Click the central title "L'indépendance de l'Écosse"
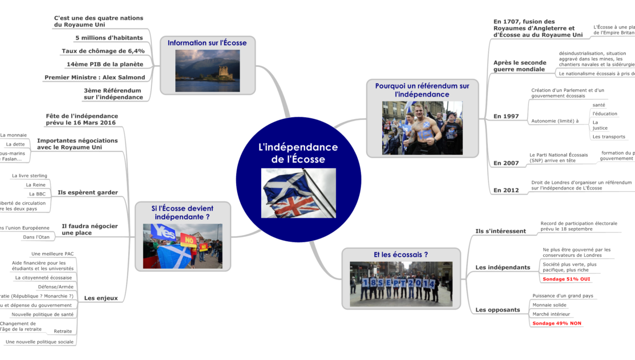[x=298, y=153]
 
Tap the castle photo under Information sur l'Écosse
[x=207, y=71]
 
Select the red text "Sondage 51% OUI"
[x=567, y=279]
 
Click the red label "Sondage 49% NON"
[x=557, y=323]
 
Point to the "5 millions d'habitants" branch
[x=109, y=38]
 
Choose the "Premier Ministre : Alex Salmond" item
[x=94, y=77]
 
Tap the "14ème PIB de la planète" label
[x=105, y=64]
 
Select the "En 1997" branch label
[x=506, y=116]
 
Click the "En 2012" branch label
[x=506, y=190]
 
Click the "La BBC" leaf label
[x=37, y=194]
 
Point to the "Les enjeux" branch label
[x=101, y=298]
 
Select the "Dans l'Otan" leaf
[x=36, y=237]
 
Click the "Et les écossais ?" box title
[x=401, y=254]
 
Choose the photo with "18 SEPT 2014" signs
[x=401, y=284]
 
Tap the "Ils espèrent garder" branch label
[x=87, y=192]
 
